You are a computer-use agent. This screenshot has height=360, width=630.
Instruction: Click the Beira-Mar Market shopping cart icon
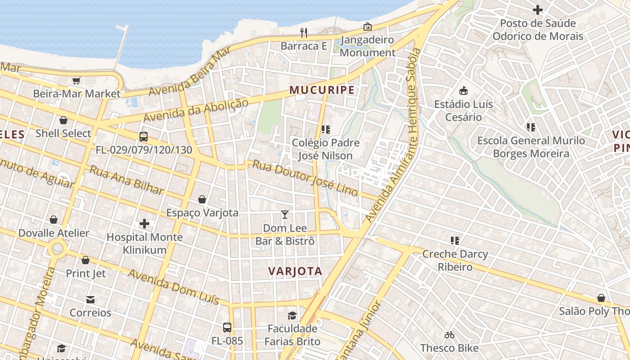coord(76,81)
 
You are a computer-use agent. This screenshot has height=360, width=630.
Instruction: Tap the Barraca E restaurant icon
coord(304,32)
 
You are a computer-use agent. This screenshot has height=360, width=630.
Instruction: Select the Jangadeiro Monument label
coord(368,46)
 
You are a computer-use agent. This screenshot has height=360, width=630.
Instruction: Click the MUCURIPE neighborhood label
coord(322,90)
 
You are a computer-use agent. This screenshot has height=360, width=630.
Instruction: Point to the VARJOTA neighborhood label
coord(295,271)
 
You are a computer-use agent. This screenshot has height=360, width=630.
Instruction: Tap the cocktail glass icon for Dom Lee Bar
coord(284,214)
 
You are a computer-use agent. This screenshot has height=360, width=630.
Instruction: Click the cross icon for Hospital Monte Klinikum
coord(144,224)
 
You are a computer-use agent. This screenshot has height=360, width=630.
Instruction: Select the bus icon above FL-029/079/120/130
coord(144,137)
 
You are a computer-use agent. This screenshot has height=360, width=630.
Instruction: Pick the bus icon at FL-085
coord(227,328)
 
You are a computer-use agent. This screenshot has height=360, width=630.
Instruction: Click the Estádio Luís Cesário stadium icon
coord(463,91)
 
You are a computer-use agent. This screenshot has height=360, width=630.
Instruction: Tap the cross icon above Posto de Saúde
coord(537,9)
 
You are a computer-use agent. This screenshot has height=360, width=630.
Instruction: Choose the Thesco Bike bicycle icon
coord(449,335)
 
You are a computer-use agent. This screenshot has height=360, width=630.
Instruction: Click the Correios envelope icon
coord(90,300)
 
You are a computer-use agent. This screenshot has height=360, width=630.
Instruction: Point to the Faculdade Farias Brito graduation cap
coord(292,315)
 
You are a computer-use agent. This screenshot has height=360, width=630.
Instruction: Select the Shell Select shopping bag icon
coord(63,120)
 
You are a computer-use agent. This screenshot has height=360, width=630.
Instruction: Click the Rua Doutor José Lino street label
coord(305,178)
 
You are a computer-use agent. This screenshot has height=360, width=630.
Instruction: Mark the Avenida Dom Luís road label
coord(173,287)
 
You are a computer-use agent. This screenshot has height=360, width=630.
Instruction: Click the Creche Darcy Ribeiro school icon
coord(455,241)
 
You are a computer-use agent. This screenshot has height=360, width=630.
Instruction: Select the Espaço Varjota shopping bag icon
coord(202,199)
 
